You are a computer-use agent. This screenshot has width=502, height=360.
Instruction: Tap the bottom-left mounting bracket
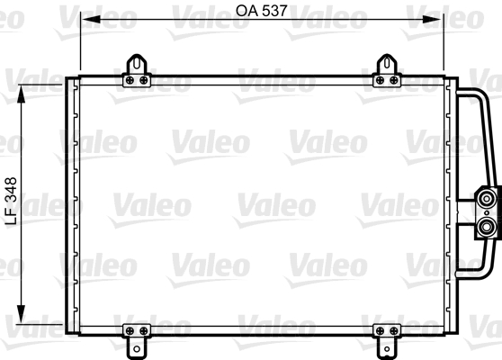(x=138, y=337)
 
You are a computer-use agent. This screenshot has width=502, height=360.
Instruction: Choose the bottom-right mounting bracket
(x=389, y=337)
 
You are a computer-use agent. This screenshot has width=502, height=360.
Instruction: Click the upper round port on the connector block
(x=487, y=196)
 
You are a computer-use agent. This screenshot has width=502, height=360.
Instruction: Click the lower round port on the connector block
(x=487, y=226)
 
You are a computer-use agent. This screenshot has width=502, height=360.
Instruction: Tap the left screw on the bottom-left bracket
(x=131, y=329)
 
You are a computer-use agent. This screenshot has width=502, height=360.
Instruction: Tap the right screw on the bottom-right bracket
(x=395, y=329)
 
